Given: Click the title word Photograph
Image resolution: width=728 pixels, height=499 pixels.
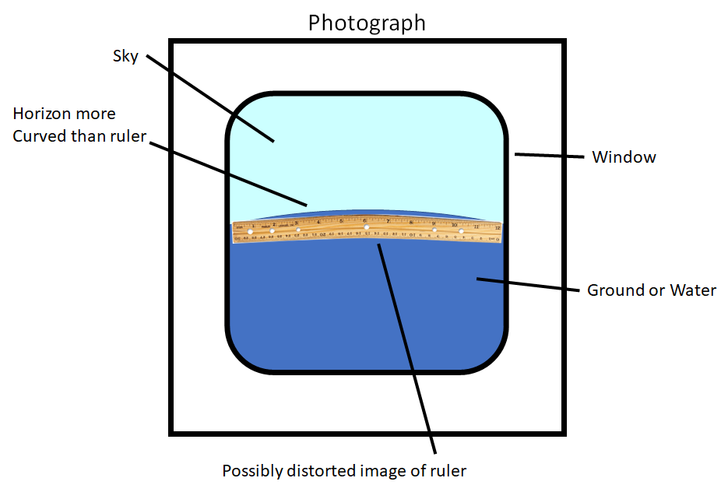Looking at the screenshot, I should point(367,22).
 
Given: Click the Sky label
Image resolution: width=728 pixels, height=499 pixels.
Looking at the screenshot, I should point(125,56).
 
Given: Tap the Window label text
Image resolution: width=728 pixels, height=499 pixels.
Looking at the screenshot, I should point(624,157).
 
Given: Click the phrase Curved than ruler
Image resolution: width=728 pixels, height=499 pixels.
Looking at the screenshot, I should point(79,137).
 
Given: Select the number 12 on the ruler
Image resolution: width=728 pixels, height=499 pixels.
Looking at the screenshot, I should point(497,228).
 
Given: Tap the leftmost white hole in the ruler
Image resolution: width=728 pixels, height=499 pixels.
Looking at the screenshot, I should point(250,232).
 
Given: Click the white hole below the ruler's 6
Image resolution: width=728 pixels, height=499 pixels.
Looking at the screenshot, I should point(367,227).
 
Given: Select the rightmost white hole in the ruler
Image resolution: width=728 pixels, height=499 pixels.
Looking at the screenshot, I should point(462,230).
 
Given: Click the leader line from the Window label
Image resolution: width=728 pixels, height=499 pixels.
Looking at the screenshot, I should point(549,156).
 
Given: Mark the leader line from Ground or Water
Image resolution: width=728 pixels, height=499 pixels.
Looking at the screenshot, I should point(529,285).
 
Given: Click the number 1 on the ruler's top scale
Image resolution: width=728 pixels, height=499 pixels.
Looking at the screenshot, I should point(254,225).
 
